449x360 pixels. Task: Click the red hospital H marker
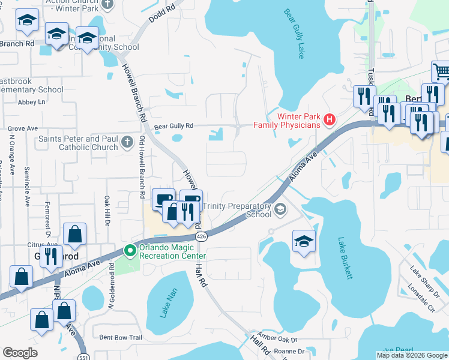coord(329,120)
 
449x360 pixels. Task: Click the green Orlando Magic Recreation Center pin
coord(128,251)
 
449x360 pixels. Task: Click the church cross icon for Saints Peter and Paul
coord(127,142)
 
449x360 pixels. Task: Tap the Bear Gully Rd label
coord(173,126)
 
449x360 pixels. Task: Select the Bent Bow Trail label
coord(121,338)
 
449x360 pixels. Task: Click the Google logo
coord(20,353)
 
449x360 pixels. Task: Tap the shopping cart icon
coord(441,72)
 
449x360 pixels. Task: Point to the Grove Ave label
coord(23,128)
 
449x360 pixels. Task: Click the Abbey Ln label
coord(31,102)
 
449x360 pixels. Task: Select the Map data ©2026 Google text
coord(412,355)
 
